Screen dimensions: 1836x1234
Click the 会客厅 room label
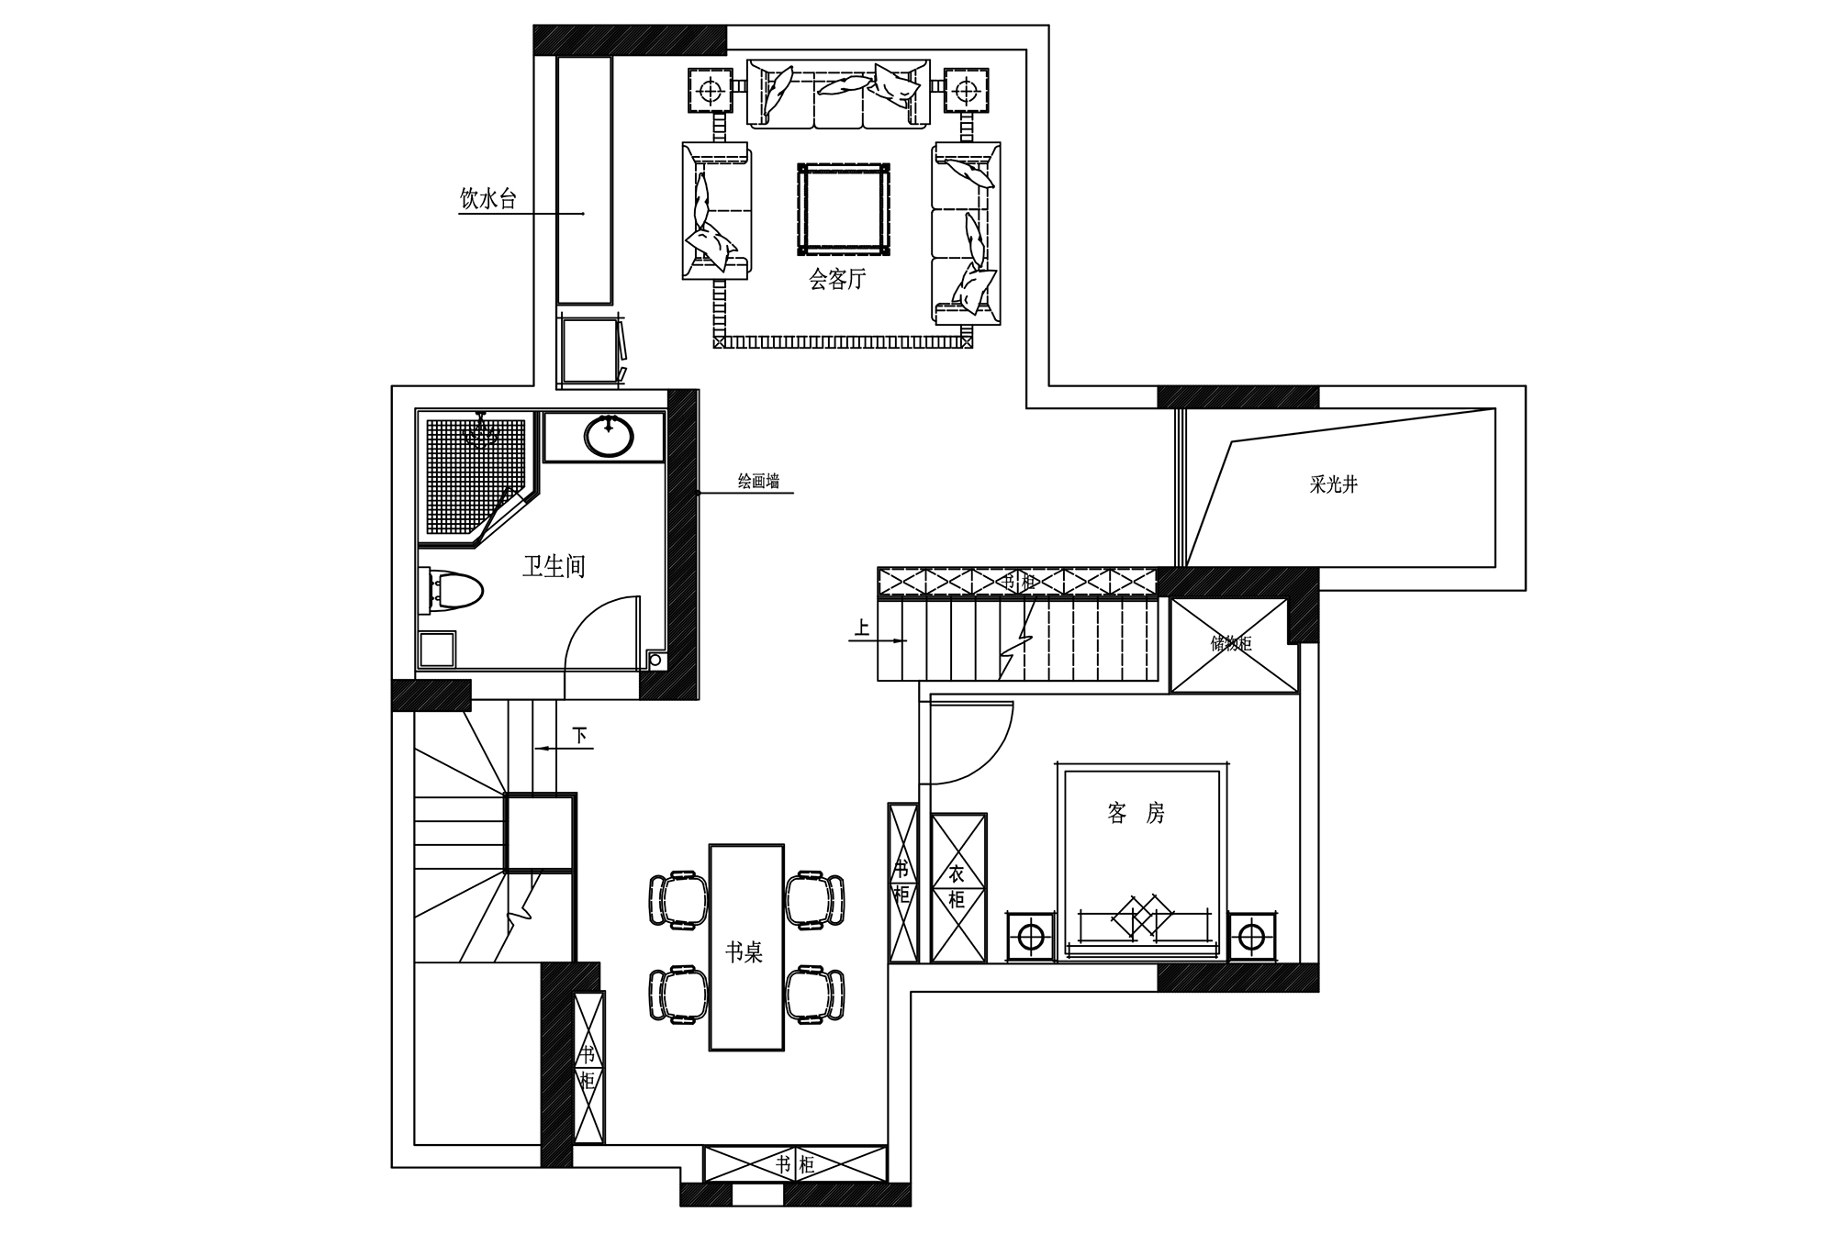pos(837,279)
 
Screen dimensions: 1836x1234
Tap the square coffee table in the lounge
pos(845,209)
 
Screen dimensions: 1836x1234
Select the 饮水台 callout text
pos(488,198)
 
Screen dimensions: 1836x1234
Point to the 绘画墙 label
pos(759,481)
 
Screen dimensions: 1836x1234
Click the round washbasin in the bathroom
pos(609,437)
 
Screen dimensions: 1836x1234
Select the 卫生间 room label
pos(554,566)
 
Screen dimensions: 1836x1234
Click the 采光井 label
pos(1333,484)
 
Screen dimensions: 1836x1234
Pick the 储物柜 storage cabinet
pos(1230,645)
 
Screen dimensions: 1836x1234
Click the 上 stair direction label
pos(862,628)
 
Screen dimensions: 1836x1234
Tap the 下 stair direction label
pos(579,735)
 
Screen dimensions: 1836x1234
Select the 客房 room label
pos(1136,813)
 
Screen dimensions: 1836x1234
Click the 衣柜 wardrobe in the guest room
pos(958,887)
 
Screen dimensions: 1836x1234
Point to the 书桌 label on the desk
pos(744,953)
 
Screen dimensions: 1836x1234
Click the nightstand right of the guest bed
pos(1252,937)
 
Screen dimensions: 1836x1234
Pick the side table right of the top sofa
pos(965,91)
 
